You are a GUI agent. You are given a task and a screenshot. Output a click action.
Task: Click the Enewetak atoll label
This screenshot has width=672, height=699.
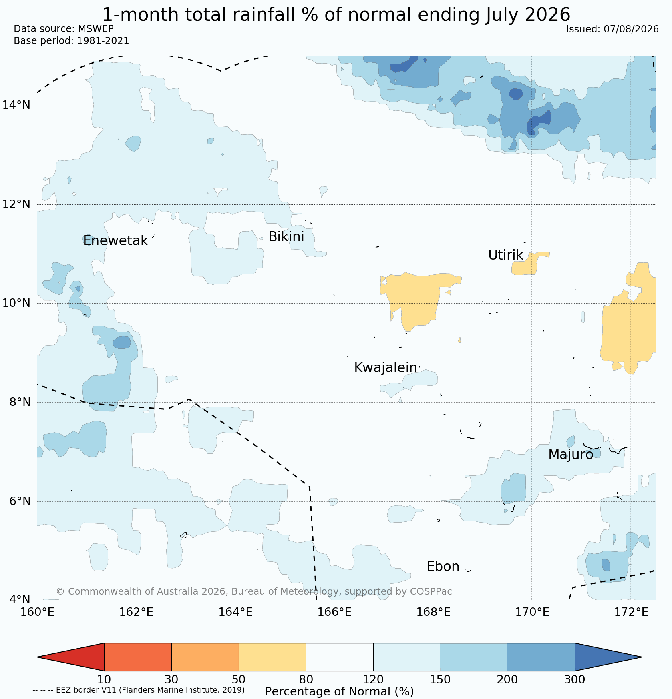pyautogui.click(x=115, y=241)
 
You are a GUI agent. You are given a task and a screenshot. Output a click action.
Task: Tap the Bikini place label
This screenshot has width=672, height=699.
pyautogui.click(x=286, y=237)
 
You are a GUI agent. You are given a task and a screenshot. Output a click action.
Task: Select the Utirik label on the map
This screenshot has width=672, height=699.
pyautogui.click(x=505, y=255)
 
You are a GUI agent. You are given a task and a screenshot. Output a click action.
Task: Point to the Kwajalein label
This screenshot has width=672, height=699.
pyautogui.click(x=385, y=367)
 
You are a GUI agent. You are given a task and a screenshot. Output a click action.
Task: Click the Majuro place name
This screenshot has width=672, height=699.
pyautogui.click(x=571, y=455)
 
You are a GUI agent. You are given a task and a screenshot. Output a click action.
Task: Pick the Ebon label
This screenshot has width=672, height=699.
pyautogui.click(x=443, y=567)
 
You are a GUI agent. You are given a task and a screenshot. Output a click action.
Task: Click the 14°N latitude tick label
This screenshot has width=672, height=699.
pyautogui.click(x=16, y=105)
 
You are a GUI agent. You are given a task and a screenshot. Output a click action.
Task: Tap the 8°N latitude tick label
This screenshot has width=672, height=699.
pyautogui.click(x=20, y=402)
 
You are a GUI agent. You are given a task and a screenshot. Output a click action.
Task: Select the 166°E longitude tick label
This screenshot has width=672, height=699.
pyautogui.click(x=334, y=612)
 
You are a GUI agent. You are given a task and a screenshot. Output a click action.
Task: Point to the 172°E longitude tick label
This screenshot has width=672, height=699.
pyautogui.click(x=631, y=612)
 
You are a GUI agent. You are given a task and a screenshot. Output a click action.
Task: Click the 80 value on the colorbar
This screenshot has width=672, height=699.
pyautogui.click(x=306, y=679)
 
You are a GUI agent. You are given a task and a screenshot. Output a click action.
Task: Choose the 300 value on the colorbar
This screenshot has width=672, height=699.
pyautogui.click(x=575, y=679)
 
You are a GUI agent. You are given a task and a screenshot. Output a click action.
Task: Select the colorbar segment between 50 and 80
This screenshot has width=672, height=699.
pyautogui.click(x=272, y=657)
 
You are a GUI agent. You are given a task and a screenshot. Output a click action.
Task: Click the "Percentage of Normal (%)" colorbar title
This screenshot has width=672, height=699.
pyautogui.click(x=339, y=691)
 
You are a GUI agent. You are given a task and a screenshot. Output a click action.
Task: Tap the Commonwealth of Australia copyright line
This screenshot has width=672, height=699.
pyautogui.click(x=254, y=591)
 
